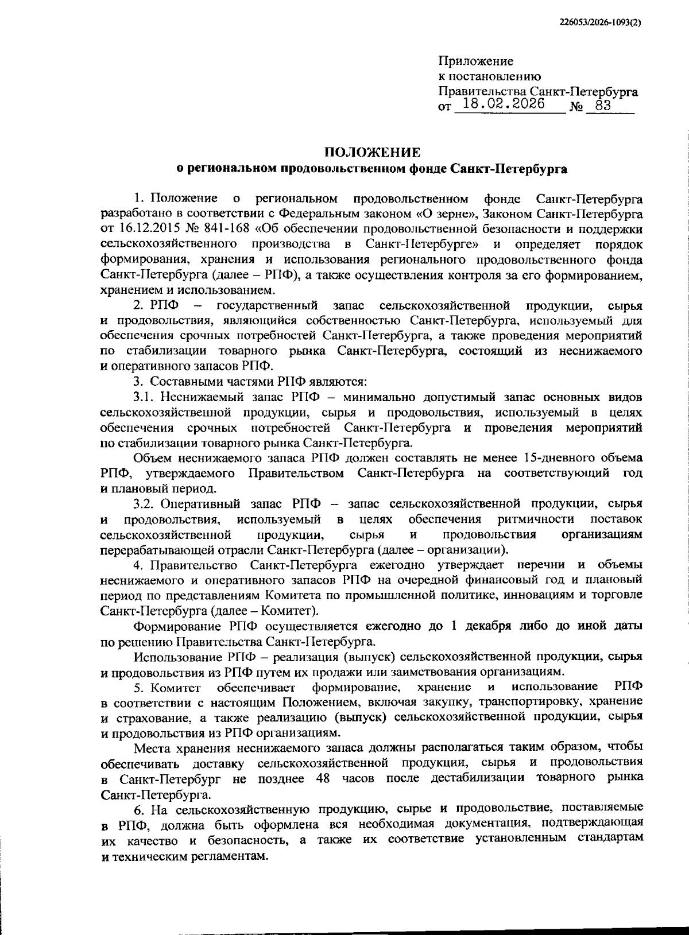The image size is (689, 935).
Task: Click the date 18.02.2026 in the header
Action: point(504,105)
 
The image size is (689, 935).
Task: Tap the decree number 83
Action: point(602,106)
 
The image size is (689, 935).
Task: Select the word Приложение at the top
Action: point(476,61)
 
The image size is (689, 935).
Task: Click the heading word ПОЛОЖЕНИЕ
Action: point(372,152)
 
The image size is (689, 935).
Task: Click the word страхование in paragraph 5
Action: point(149,717)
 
